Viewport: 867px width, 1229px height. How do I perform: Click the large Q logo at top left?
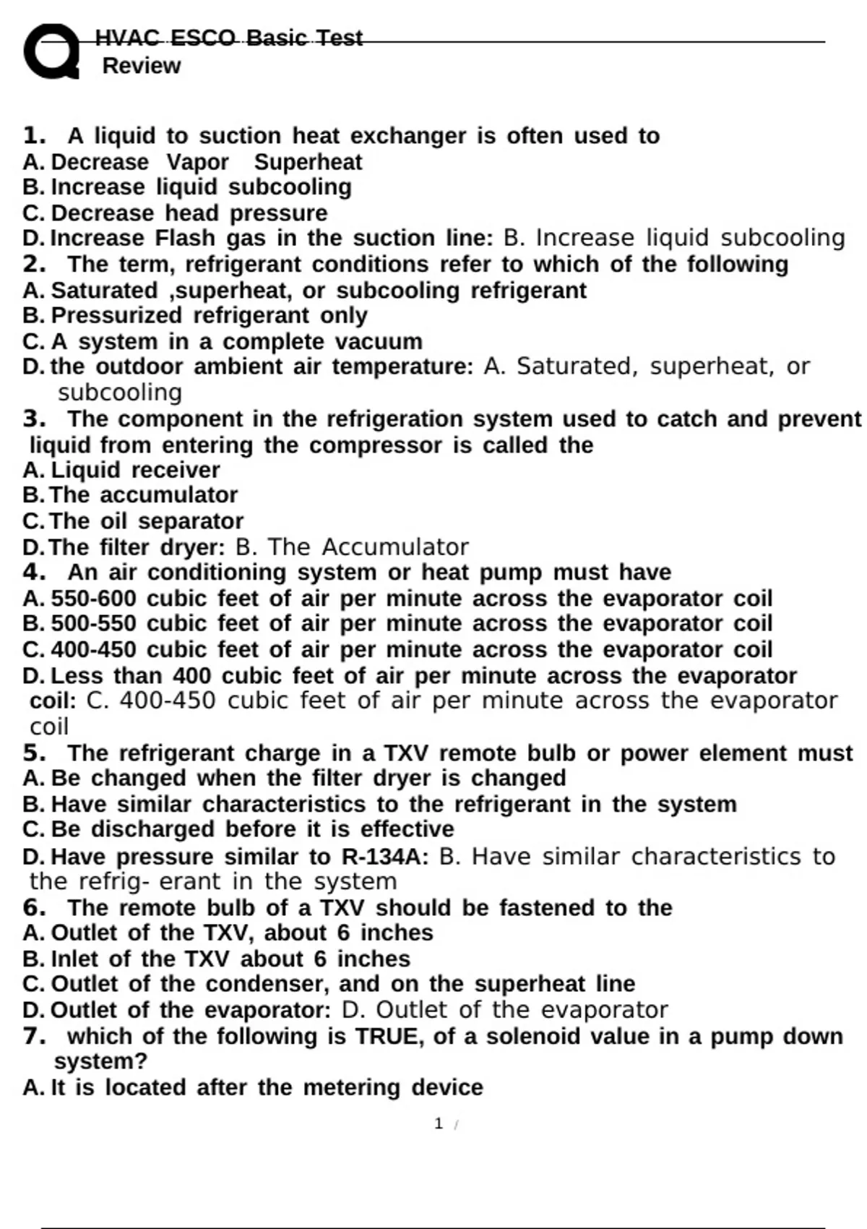click(x=51, y=51)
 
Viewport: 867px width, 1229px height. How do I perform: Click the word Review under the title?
click(x=142, y=66)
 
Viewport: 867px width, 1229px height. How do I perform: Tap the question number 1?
click(x=34, y=135)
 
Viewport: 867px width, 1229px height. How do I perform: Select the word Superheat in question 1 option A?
click(x=308, y=162)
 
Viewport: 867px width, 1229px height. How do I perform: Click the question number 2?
click(x=34, y=264)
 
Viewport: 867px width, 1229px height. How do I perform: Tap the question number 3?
click(x=34, y=419)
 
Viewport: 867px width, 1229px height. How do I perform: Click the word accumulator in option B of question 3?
click(x=168, y=495)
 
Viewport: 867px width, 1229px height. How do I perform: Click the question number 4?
click(x=34, y=573)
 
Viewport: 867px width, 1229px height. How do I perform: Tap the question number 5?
click(x=34, y=753)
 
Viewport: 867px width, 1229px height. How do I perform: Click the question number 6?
click(x=34, y=907)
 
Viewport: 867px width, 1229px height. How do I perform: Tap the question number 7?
click(x=34, y=1036)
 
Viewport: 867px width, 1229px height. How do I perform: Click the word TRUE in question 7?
click(x=389, y=1037)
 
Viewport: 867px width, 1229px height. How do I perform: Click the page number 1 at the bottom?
click(x=439, y=1123)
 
